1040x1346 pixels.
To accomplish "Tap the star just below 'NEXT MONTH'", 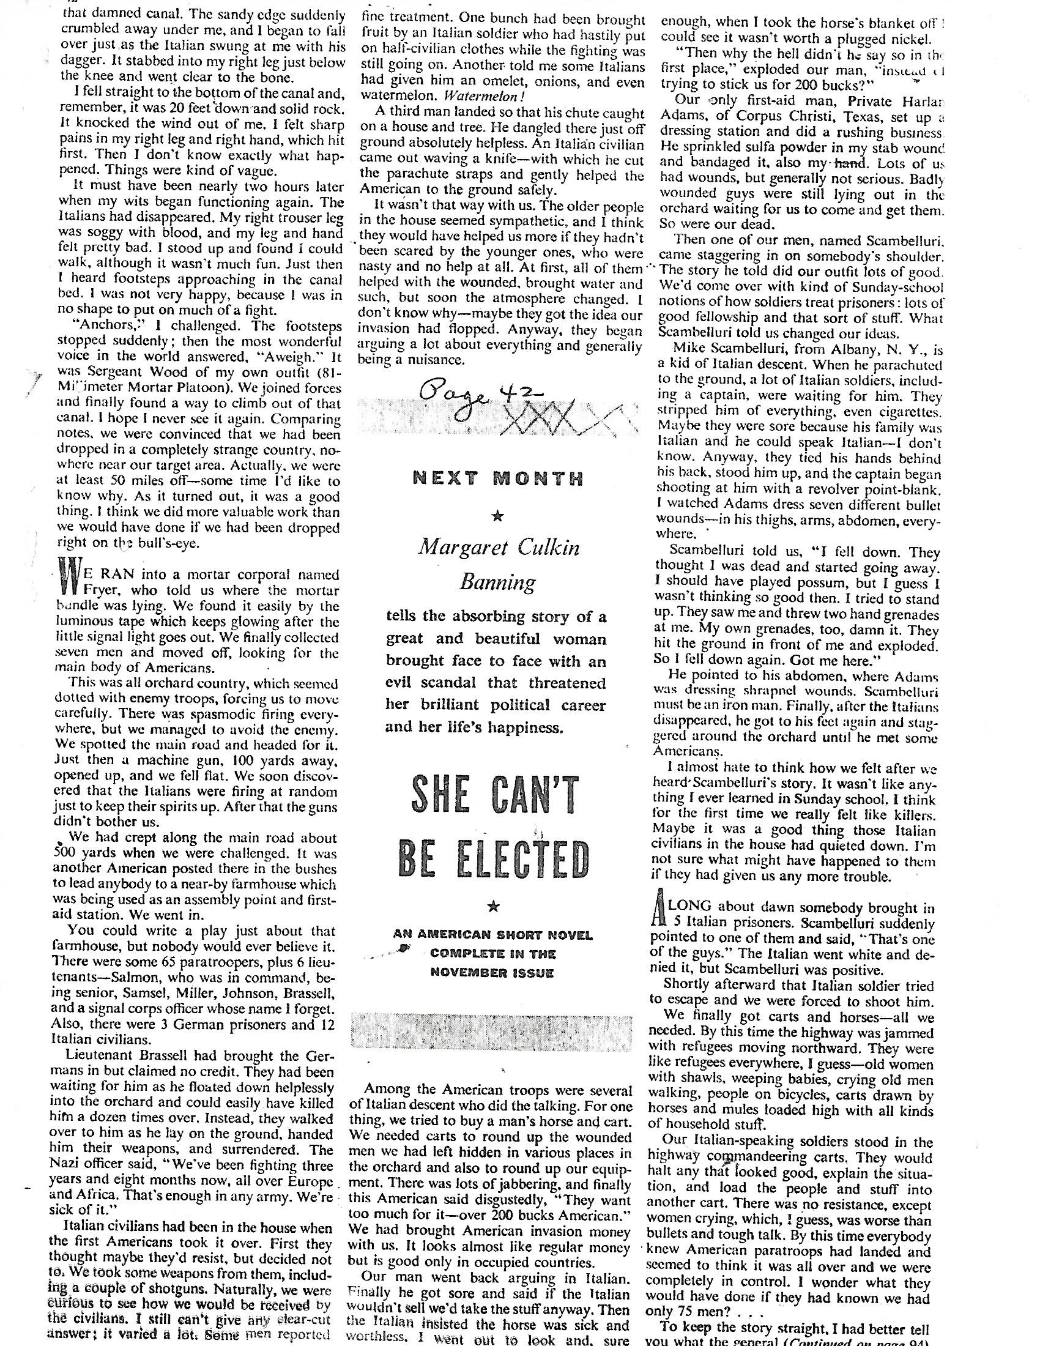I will click(x=499, y=516).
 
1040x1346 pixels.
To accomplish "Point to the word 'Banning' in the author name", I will click(x=498, y=581).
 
